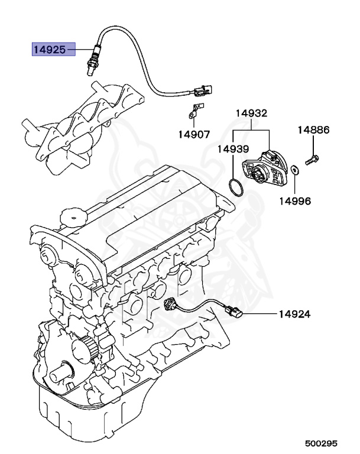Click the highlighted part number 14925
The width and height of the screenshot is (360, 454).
pos(49,50)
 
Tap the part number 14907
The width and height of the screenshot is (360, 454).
pos(193,134)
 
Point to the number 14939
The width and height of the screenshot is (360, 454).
pos(232,149)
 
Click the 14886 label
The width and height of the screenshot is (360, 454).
pos(313,129)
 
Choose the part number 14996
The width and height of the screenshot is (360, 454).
pos(295,201)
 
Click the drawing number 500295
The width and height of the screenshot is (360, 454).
pos(322,442)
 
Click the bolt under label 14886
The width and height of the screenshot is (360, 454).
pos(312,158)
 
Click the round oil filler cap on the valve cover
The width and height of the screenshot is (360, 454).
pos(73,216)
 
